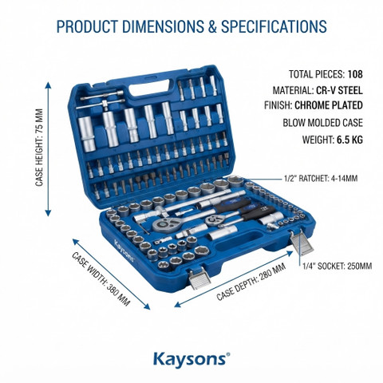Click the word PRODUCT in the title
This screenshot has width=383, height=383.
[87, 26]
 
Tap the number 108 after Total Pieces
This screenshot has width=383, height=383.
[355, 74]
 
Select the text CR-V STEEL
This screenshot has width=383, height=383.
[339, 90]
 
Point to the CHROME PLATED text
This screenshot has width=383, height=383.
[329, 105]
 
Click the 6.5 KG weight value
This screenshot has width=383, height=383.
[349, 140]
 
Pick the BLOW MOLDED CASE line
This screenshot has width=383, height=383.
[322, 123]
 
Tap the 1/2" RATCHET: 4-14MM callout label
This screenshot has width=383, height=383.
[321, 178]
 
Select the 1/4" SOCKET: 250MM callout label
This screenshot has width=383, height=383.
[338, 266]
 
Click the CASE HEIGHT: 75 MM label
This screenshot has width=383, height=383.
[39, 148]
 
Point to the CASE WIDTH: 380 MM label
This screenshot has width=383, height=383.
[101, 278]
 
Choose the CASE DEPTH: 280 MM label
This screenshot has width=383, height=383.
[251, 282]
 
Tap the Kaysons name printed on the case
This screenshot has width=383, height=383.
[124, 251]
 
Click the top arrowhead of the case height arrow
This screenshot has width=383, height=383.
[48, 85]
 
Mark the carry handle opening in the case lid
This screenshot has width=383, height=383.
[150, 88]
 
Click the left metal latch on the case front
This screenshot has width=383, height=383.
[199, 278]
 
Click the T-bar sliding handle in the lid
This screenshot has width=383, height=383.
[102, 101]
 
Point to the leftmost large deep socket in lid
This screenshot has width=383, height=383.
[87, 133]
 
